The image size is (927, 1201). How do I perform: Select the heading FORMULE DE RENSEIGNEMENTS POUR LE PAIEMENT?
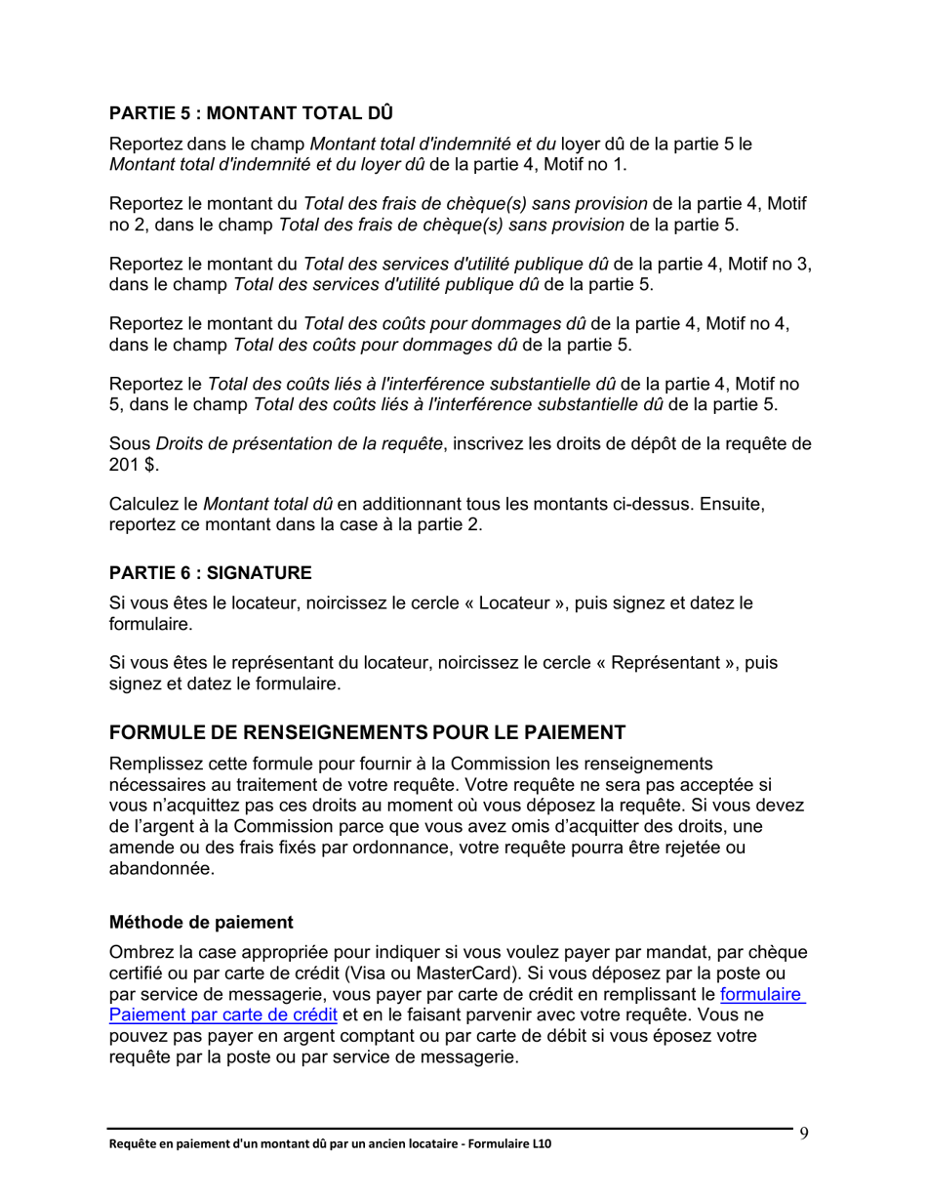tap(366, 731)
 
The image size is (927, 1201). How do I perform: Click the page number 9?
tap(804, 1133)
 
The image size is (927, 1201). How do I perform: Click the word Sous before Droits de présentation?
tap(130, 446)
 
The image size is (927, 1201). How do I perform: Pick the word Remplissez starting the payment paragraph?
tap(158, 763)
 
